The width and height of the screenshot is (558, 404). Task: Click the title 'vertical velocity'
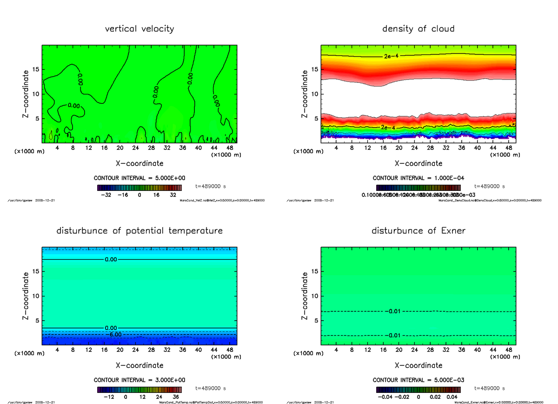139,29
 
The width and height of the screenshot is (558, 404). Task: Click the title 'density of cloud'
418,29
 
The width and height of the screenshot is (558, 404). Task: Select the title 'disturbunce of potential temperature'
139,231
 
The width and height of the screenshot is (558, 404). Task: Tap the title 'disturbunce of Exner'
418,231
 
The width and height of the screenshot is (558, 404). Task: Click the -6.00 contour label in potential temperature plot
113,334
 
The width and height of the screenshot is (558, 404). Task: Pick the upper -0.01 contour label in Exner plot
393,311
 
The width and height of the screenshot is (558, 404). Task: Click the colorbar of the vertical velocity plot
139,188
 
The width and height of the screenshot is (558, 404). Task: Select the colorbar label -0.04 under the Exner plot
384,397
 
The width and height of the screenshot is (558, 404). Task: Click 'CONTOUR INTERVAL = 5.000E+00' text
139,178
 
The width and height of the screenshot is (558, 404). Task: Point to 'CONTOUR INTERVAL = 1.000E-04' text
418,178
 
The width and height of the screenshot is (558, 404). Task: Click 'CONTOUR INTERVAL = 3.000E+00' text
139,380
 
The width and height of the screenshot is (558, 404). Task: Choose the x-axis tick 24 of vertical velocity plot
136,148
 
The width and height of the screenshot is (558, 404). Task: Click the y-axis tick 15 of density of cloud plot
314,70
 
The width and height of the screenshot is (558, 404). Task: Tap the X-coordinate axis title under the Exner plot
418,365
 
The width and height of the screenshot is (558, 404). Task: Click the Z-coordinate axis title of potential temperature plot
27,296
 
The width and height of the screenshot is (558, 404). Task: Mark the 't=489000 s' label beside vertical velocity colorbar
211,186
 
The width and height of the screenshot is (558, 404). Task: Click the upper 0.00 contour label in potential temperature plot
111,259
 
